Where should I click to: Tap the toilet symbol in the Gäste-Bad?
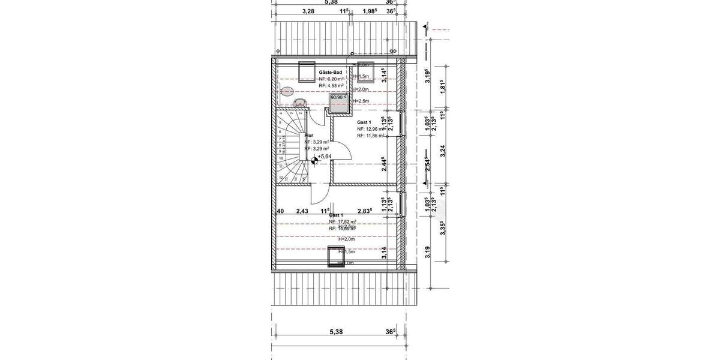(x=287, y=92)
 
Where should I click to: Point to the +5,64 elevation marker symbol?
(x=314, y=159)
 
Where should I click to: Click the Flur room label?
(x=310, y=136)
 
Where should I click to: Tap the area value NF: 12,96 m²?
(x=370, y=129)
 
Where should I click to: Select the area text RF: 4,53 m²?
(x=331, y=86)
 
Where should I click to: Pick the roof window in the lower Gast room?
(x=333, y=256)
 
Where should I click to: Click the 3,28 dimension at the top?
(x=308, y=11)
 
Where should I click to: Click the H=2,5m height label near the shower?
(x=361, y=101)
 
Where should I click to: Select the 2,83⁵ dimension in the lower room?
(x=365, y=211)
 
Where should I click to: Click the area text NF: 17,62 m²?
(x=342, y=221)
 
